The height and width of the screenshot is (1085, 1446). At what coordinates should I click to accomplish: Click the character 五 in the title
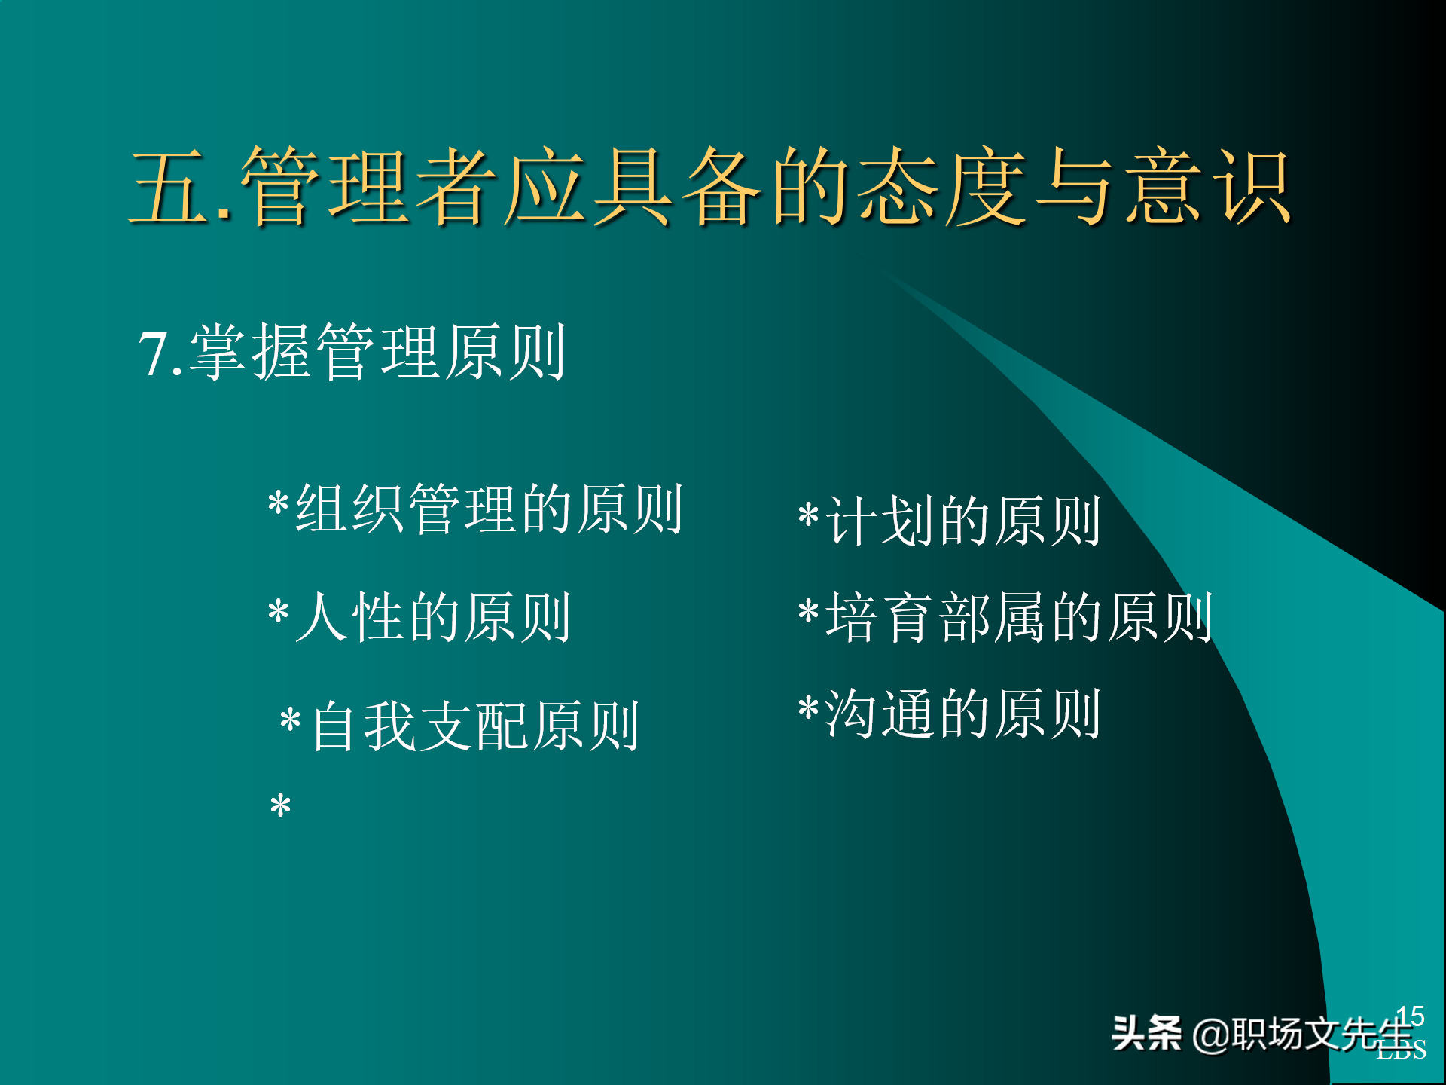169,187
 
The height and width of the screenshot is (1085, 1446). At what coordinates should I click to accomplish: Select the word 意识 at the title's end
1209,187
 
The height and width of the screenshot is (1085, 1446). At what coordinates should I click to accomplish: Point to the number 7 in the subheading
153,354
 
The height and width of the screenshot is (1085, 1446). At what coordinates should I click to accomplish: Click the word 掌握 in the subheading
251,353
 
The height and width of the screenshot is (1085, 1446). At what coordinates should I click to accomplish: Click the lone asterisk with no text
280,806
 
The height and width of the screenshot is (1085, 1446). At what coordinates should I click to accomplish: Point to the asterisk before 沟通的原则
808,708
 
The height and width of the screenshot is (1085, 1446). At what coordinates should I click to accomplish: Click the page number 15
1410,1016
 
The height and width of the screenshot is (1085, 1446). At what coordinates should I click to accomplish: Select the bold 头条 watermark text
1146,1033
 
